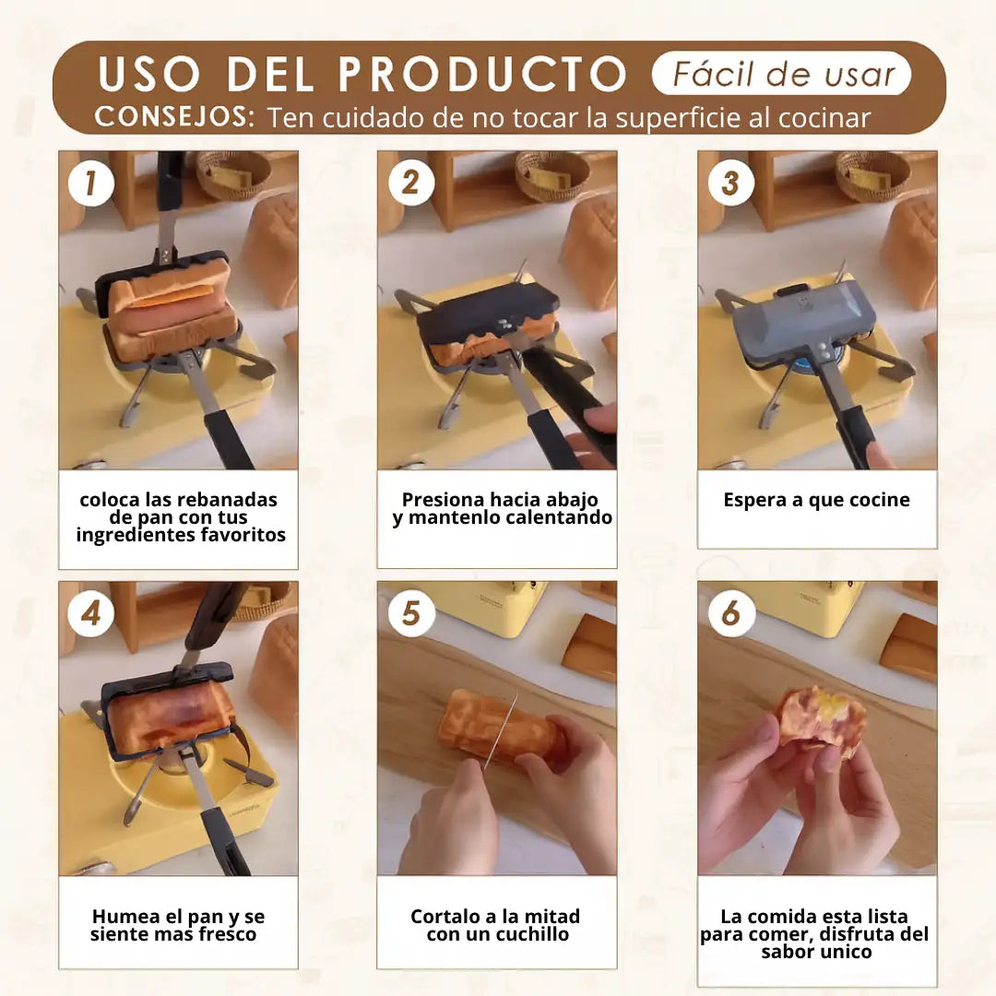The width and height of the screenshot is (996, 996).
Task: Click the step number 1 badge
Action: click(x=90, y=183)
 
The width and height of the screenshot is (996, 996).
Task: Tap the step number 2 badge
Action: click(x=411, y=183)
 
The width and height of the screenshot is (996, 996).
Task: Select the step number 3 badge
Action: click(x=731, y=183)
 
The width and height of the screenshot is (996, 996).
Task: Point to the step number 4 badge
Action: click(x=90, y=613)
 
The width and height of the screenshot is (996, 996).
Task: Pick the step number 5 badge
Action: click(x=411, y=613)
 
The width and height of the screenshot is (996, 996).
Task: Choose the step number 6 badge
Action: click(x=731, y=613)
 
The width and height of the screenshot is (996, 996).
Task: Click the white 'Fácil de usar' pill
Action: click(x=782, y=74)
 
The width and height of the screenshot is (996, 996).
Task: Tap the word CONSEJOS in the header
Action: click(x=172, y=117)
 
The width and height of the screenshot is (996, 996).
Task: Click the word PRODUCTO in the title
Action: click(x=482, y=75)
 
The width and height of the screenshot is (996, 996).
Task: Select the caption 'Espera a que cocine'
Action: click(x=816, y=500)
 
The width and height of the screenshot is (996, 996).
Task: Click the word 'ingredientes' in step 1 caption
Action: click(x=136, y=536)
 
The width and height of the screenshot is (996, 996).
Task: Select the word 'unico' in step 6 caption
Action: click(x=844, y=952)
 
